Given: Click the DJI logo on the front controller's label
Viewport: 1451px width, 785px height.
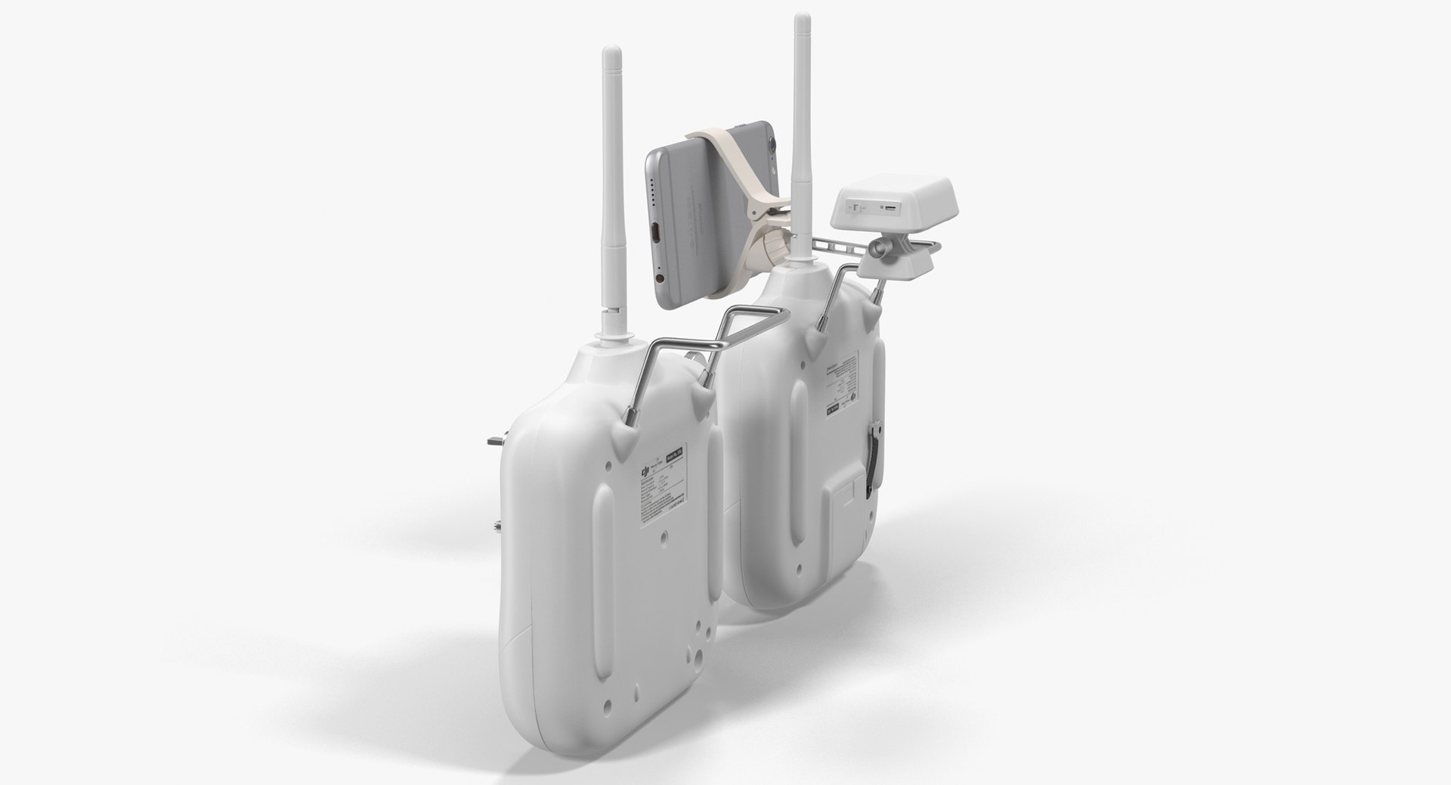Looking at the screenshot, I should click(645, 472).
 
